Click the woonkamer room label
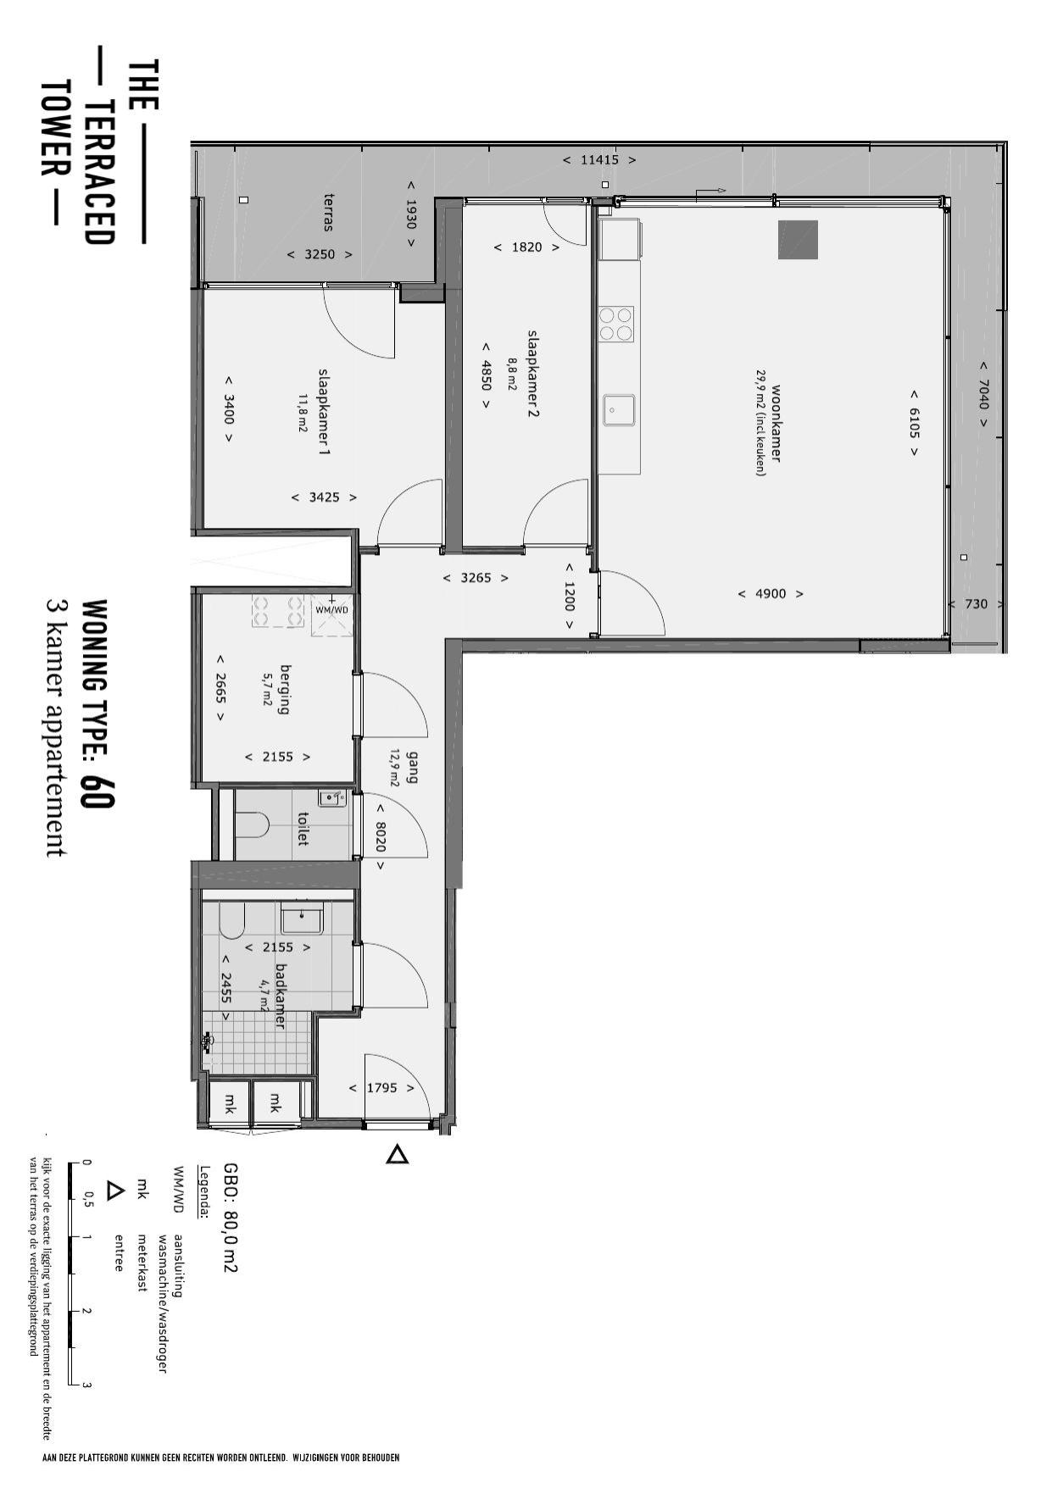click(776, 424)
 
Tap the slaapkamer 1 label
click(324, 411)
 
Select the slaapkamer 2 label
click(533, 374)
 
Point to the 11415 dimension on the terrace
click(599, 159)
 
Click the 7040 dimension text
click(983, 393)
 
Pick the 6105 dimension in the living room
click(914, 423)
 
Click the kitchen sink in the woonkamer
click(619, 410)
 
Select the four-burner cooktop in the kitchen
click(616, 323)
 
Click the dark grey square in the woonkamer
click(798, 240)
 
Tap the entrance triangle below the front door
click(398, 1154)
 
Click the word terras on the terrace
click(329, 212)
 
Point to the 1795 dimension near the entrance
click(381, 1087)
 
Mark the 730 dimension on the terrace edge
click(976, 604)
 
